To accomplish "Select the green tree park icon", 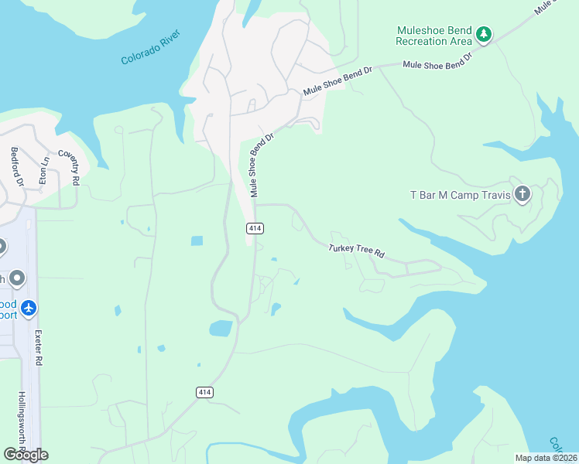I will click(x=484, y=34).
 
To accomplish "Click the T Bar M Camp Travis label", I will click(x=460, y=195).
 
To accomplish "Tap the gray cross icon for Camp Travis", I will click(x=522, y=194).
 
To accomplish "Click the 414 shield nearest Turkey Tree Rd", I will click(x=255, y=228).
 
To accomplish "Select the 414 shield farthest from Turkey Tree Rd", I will click(x=204, y=393).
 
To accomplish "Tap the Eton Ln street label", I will click(x=45, y=168).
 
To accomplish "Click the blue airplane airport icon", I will click(x=29, y=309).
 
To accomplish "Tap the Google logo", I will click(x=26, y=454).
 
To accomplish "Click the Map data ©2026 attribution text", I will click(x=545, y=458).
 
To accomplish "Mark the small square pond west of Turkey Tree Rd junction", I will click(x=197, y=241).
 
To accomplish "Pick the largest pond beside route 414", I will click(x=221, y=328).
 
